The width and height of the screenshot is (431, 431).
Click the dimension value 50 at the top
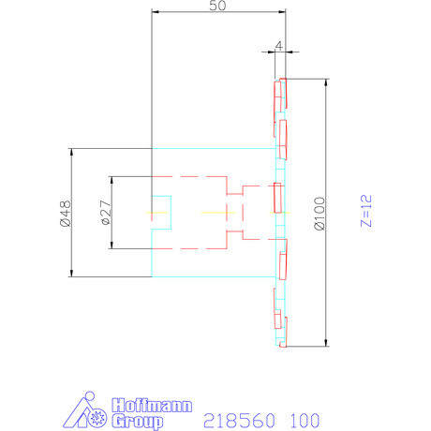tap(217, 6)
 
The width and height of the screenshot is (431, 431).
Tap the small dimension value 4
tap(279, 43)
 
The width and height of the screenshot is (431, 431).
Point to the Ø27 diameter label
tap(105, 213)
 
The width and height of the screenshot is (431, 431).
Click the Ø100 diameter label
tap(320, 213)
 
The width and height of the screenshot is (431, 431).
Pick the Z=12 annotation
tap(366, 213)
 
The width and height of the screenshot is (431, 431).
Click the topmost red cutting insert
tap(280, 95)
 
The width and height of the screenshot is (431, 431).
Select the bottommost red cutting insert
tap(281, 330)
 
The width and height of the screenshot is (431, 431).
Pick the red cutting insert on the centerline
tap(278, 198)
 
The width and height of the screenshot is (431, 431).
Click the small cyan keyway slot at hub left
tap(162, 213)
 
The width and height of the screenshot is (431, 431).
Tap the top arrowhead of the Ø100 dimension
tap(325, 82)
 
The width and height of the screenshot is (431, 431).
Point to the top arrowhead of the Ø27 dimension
tap(111, 180)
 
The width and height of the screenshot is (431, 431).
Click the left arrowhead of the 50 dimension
tap(155, 12)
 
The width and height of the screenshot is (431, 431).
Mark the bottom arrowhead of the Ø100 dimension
tap(325, 342)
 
